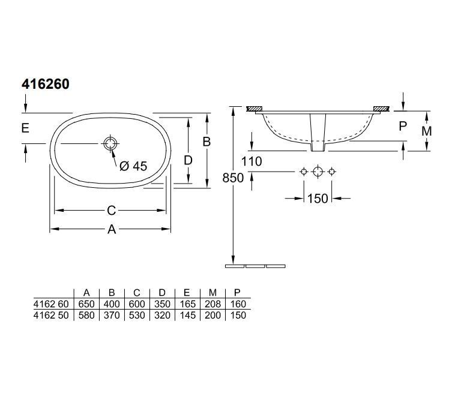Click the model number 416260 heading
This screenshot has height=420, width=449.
click(46, 84)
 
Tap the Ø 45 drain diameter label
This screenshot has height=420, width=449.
click(133, 166)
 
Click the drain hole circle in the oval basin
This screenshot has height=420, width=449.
click(110, 143)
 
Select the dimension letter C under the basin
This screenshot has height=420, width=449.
click(111, 211)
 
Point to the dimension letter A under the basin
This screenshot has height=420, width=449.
click(112, 229)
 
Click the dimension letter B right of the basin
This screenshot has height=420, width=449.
click(206, 142)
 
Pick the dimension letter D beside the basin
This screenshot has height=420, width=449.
click(188, 161)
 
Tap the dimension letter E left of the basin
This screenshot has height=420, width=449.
click(25, 128)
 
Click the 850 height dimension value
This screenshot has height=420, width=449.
click(233, 178)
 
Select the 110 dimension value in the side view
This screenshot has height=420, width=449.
click(252, 161)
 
